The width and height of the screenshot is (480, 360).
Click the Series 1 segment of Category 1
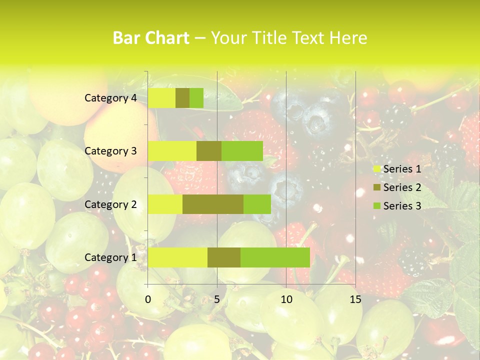click(x=177, y=257)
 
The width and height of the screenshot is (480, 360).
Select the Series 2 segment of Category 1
click(x=224, y=257)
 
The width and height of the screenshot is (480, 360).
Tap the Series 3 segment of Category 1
click(x=275, y=257)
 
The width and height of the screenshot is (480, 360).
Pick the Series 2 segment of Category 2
click(x=213, y=204)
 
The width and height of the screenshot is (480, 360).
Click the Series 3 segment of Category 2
click(x=257, y=204)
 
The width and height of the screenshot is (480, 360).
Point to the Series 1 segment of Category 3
click(x=172, y=151)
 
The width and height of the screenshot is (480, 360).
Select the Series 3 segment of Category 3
click(x=242, y=151)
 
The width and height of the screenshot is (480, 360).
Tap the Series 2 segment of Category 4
click(x=182, y=98)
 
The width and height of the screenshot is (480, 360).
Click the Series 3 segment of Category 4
click(x=196, y=98)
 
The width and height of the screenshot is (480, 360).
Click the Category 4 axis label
click(x=110, y=98)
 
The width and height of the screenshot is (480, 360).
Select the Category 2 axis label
click(x=110, y=204)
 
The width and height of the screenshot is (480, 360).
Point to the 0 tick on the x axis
click(x=148, y=299)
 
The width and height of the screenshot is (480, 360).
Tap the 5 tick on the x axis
click(x=217, y=299)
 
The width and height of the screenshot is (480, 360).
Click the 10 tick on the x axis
click(x=286, y=299)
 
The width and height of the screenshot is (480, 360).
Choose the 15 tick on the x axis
click(x=355, y=299)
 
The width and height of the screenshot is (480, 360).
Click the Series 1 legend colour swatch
click(x=376, y=169)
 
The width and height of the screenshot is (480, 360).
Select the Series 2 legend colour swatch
click(x=376, y=187)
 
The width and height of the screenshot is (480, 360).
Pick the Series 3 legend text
click(x=402, y=206)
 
